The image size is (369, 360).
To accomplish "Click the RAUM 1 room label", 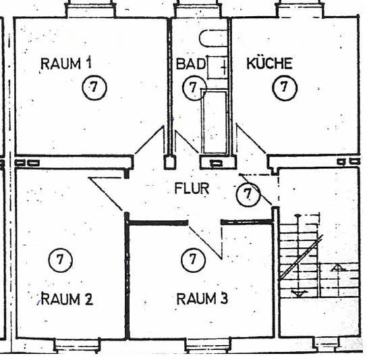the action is [x=66, y=63].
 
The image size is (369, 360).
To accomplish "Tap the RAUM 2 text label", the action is [x=67, y=299].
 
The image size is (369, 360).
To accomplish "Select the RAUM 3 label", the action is [x=202, y=299].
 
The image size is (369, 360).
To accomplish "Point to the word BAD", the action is [x=191, y=64].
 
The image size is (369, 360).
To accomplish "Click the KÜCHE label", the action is [x=269, y=63].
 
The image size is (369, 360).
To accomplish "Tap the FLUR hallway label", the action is [x=192, y=188].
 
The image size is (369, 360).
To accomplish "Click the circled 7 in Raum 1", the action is [x=94, y=87].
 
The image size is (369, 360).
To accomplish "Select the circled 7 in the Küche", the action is [x=285, y=87].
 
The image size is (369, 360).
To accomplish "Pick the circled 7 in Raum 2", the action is [x=61, y=260].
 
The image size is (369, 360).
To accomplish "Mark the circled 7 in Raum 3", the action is [x=194, y=259].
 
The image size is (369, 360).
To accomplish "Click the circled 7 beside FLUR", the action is [x=248, y=195].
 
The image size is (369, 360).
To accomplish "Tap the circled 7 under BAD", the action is [x=194, y=88].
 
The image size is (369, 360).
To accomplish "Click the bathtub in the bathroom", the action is [x=215, y=122].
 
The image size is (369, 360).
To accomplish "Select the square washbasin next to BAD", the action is [x=217, y=68].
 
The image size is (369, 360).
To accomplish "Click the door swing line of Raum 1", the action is [x=149, y=140].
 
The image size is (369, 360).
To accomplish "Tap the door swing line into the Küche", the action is [x=251, y=139].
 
